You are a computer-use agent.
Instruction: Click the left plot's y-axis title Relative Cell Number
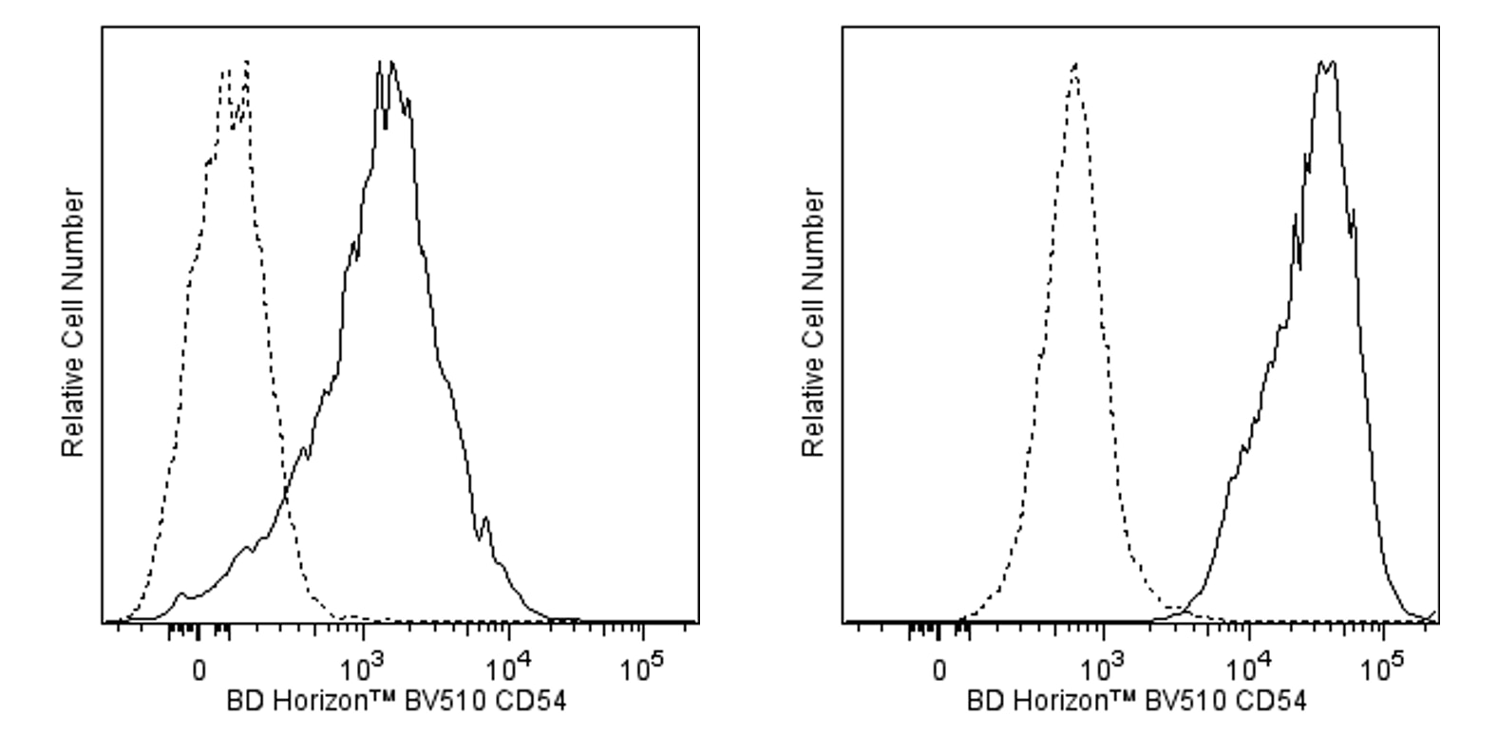click(74, 323)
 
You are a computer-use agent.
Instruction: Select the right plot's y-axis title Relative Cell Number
click(815, 323)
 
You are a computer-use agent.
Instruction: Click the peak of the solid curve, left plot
click(390, 62)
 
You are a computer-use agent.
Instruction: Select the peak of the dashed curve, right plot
click(1074, 64)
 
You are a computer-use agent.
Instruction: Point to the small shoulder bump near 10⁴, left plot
click(485, 518)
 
